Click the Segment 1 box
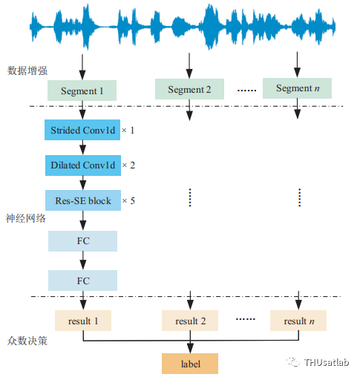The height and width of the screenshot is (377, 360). (82, 91)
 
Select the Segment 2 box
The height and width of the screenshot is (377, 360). (189, 89)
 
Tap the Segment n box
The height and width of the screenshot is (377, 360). (297, 88)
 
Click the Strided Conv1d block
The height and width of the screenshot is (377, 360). (82, 130)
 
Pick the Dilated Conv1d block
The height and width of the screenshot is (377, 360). (83, 165)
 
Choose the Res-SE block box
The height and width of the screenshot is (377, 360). (83, 200)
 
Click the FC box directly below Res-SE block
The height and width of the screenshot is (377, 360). (82, 241)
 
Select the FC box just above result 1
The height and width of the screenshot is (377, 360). (82, 281)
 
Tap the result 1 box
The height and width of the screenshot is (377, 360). (83, 321)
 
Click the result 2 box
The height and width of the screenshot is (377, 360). (190, 321)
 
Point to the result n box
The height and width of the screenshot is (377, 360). (298, 321)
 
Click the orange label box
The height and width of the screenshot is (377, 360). (190, 364)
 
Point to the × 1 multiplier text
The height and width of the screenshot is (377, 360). (128, 131)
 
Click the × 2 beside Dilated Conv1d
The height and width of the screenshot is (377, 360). (128, 165)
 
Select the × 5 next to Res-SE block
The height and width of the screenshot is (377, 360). (128, 200)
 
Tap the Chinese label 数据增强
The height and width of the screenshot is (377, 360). (27, 71)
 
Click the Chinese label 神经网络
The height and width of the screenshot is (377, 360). (26, 218)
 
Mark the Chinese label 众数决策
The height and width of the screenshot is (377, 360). (27, 341)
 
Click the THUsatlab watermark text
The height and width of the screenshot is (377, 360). (327, 362)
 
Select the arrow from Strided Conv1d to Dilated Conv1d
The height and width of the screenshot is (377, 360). (82, 148)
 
